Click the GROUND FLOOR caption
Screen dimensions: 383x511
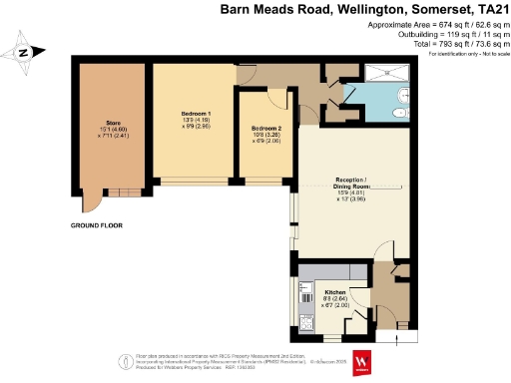96,226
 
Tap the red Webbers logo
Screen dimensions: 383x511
362,361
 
